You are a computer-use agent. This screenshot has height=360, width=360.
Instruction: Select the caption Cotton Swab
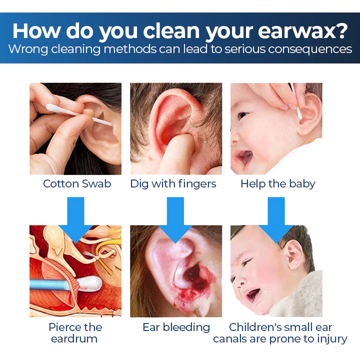click(77, 183)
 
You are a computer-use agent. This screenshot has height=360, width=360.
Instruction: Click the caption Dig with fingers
click(173, 183)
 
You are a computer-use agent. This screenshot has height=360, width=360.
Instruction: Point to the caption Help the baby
click(277, 183)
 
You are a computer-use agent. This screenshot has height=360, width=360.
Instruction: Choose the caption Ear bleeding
click(176, 327)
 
